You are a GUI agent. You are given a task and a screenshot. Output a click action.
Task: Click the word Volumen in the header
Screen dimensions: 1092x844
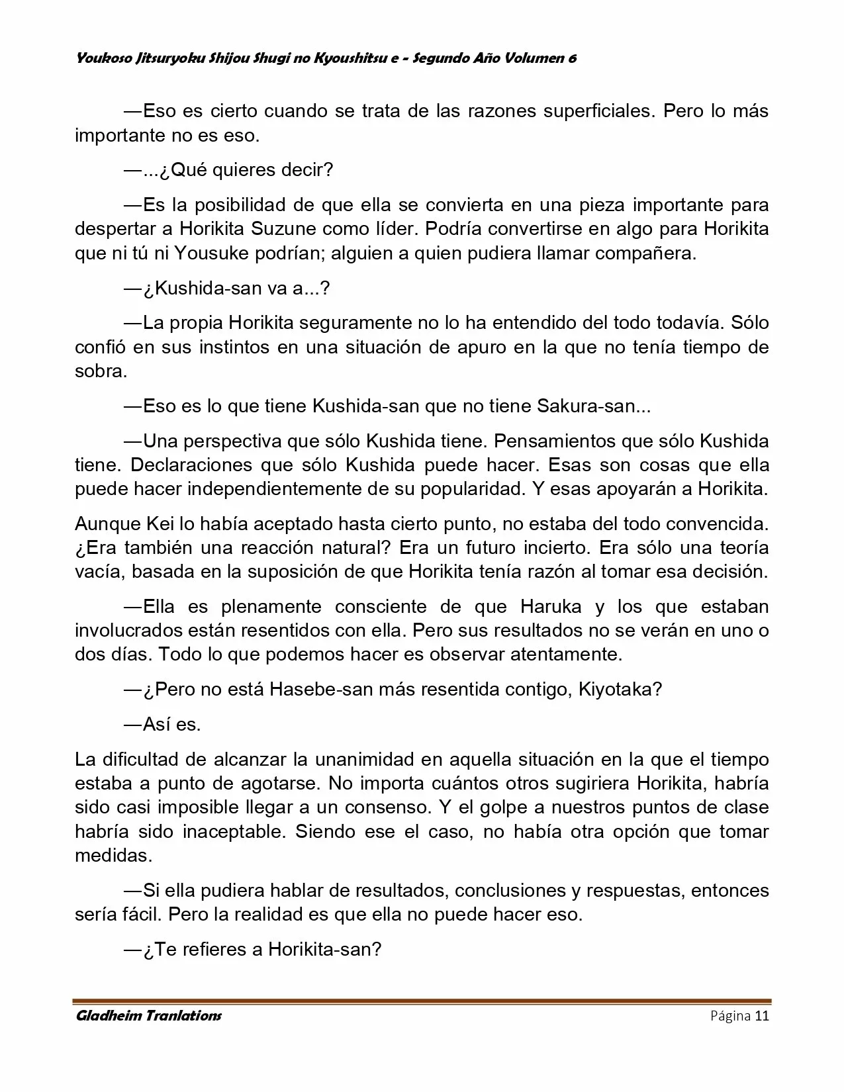531,58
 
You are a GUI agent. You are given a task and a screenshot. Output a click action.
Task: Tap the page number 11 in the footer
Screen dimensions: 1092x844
762,1016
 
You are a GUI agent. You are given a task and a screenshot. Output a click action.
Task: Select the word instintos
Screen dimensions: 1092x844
232,347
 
